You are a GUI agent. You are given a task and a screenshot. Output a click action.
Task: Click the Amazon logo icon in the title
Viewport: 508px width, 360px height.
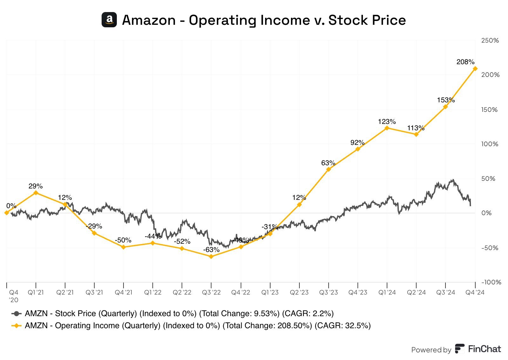[x=109, y=20]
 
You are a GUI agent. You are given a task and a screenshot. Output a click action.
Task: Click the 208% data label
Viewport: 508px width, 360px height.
[x=465, y=62]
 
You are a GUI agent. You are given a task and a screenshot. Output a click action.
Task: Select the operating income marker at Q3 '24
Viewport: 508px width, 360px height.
[x=445, y=107]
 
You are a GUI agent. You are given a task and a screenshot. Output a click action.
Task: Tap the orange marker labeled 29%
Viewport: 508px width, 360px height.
[x=36, y=193]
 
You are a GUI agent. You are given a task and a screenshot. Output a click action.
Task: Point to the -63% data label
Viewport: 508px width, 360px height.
[x=211, y=250]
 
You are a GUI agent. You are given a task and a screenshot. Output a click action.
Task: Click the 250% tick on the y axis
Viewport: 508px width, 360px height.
[x=490, y=40]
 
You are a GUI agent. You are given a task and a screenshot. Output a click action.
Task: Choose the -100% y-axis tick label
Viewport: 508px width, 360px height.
[x=491, y=282]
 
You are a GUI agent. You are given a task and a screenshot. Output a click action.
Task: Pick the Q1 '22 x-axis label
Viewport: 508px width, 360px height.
[x=153, y=292]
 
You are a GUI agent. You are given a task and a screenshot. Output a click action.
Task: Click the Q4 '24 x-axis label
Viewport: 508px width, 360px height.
[x=475, y=292]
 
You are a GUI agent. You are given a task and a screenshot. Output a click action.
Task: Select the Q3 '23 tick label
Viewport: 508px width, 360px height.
[x=328, y=292]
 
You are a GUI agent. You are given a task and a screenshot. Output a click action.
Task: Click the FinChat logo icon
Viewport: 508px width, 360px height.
[x=459, y=349]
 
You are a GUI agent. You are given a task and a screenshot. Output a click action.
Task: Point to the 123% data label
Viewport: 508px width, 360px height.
[x=387, y=121]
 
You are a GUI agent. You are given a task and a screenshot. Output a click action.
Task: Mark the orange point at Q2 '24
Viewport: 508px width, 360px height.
[x=416, y=134]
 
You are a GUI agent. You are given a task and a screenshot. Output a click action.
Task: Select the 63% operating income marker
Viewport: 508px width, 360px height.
[x=329, y=169]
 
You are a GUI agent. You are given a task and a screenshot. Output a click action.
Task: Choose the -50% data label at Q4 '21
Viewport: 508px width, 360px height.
[x=123, y=240]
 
